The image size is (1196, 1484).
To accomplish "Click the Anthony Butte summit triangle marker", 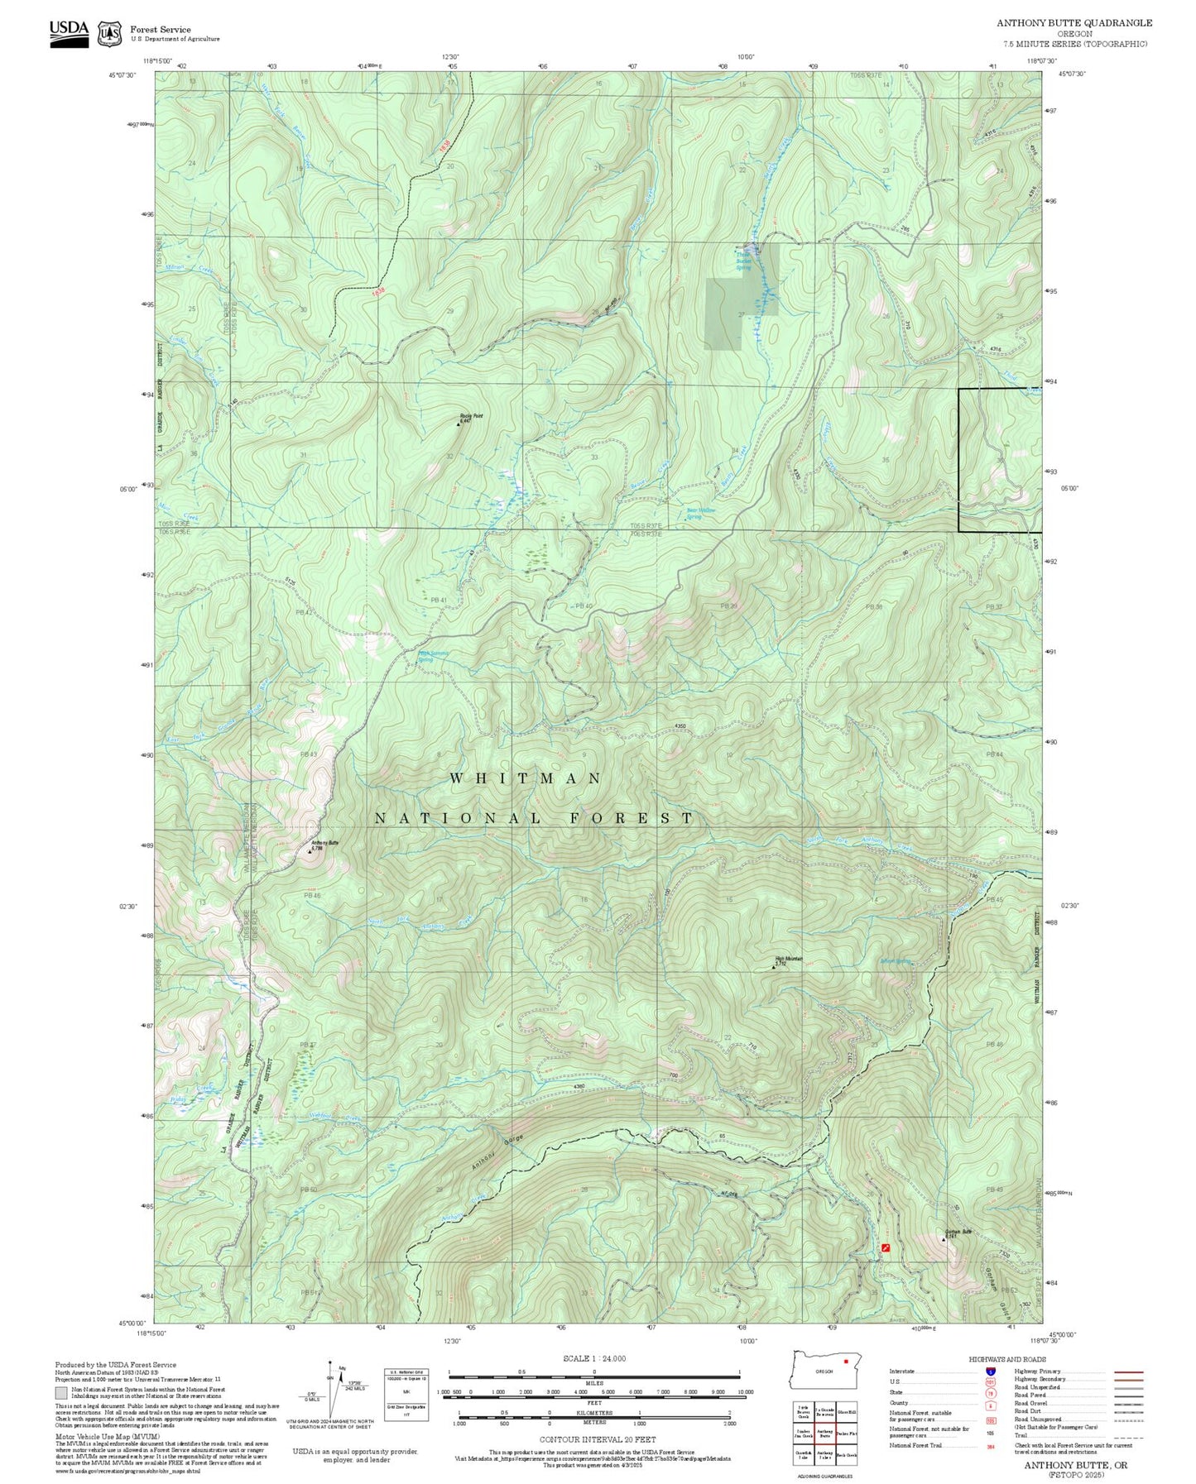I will coord(310,850).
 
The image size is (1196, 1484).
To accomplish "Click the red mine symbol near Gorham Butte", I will coord(886,1247).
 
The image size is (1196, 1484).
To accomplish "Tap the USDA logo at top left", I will coord(69,32).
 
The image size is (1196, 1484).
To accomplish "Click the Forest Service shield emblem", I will coord(109,34).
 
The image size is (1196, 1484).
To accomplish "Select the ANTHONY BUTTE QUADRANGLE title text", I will coord(1074,23).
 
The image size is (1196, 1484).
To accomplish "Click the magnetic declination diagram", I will coord(331,1388).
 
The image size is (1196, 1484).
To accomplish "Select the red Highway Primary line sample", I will coord(1129,1372).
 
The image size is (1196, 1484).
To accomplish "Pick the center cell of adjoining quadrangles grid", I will coord(824,1434).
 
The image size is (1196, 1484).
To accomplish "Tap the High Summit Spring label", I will coord(433,656).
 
